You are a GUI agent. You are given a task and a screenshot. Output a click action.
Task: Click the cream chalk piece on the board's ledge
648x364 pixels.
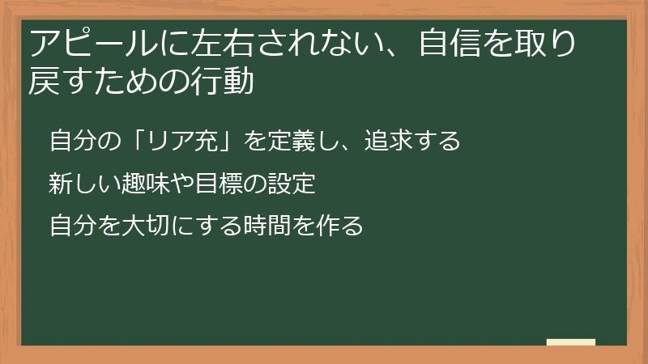571,343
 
